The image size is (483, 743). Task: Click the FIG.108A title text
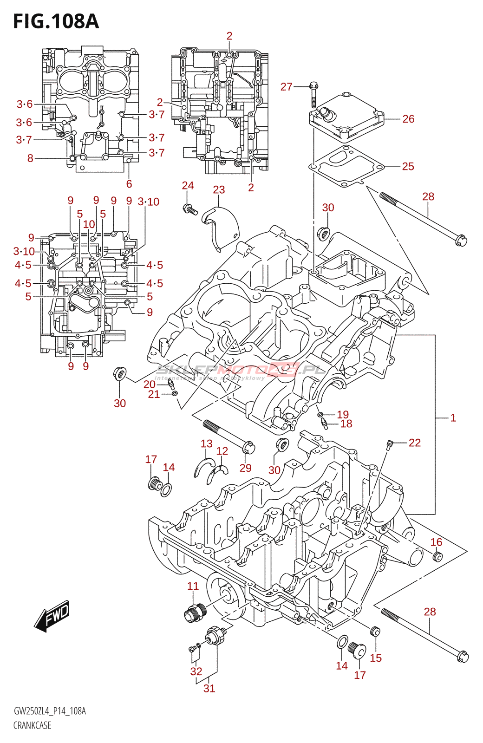tap(56, 21)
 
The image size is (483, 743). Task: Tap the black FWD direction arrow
tap(52, 618)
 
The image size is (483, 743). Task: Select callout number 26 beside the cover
tap(408, 119)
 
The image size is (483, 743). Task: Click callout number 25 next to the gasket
tap(408, 166)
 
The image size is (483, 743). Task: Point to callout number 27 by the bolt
tap(287, 86)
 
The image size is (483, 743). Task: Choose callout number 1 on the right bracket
tap(453, 417)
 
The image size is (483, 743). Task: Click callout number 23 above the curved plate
tap(219, 189)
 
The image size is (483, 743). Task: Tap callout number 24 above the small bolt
tap(188, 185)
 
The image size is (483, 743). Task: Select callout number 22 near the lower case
tap(414, 443)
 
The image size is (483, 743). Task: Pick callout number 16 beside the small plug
tap(436, 542)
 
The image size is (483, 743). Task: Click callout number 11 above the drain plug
tap(193, 586)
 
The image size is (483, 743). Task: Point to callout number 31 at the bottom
tap(209, 688)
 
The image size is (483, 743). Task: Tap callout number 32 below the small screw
tap(196, 671)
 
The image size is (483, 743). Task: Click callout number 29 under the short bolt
tap(245, 468)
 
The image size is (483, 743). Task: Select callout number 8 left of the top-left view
tap(30, 158)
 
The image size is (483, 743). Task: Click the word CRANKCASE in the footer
tap(32, 725)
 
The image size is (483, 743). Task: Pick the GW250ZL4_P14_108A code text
tap(50, 711)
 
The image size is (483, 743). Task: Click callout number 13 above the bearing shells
tap(207, 443)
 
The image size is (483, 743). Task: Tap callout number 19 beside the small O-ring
tap(343, 414)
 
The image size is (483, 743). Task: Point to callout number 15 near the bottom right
tap(376, 658)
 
